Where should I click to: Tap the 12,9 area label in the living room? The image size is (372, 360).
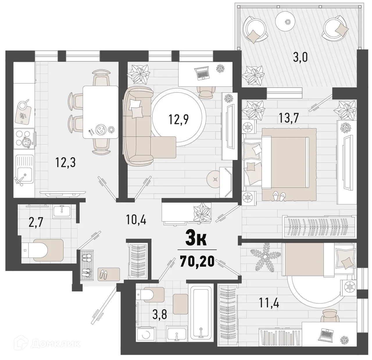click(179, 119)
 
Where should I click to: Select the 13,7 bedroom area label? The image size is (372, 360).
click(289, 118)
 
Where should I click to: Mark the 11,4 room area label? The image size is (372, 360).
click(269, 304)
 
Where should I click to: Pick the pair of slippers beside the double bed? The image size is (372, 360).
click(278, 197)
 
